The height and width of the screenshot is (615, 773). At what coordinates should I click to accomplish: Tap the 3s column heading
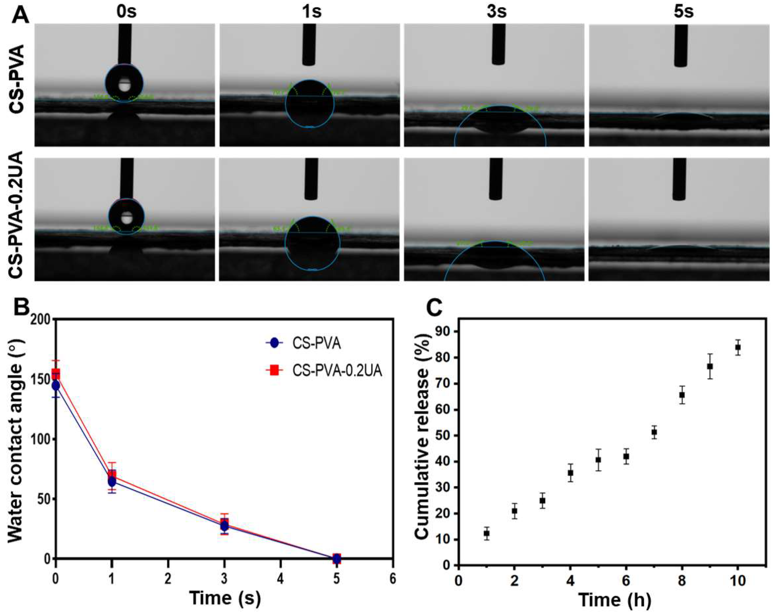(x=497, y=12)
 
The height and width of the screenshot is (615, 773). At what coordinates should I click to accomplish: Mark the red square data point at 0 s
(x=55, y=373)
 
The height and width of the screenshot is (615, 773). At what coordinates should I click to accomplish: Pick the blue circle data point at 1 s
(x=112, y=482)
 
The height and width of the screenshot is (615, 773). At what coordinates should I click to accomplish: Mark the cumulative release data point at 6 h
(x=626, y=457)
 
